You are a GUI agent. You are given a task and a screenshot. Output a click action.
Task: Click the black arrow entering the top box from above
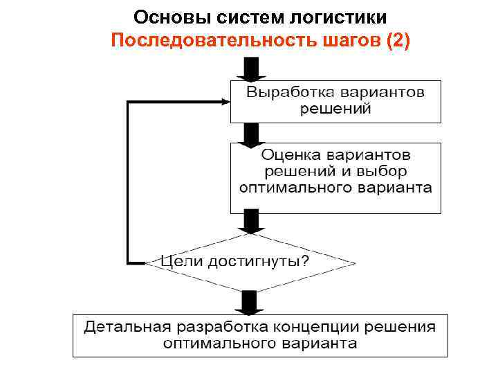click(248, 70)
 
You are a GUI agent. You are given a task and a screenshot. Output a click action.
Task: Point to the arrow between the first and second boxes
click(248, 133)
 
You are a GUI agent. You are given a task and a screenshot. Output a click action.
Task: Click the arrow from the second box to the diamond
click(248, 222)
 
